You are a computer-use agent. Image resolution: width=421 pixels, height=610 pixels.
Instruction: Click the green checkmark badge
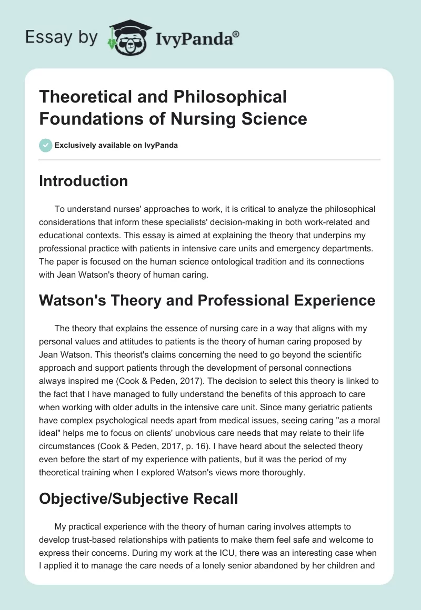(x=46, y=145)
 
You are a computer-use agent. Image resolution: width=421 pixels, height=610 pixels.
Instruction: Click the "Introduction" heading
(x=84, y=181)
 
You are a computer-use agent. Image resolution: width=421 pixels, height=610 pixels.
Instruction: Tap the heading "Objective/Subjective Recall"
(x=139, y=498)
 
